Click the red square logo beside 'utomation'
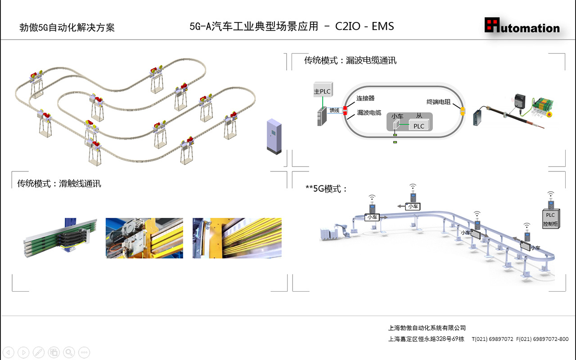(492, 25)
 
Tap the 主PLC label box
(322, 91)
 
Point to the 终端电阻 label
(439, 102)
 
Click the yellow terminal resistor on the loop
(462, 111)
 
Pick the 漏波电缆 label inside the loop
(369, 112)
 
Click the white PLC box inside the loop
(418, 126)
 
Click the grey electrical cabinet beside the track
(274, 136)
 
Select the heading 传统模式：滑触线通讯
(59, 184)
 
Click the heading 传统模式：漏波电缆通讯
(350, 60)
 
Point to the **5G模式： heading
(326, 189)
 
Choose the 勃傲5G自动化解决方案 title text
(67, 28)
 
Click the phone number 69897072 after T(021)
(500, 339)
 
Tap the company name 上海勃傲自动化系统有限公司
(427, 328)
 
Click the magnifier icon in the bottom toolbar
(69, 352)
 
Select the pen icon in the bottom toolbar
(39, 352)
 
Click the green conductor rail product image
(60, 238)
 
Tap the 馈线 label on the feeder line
(334, 110)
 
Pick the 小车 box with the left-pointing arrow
(413, 206)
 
